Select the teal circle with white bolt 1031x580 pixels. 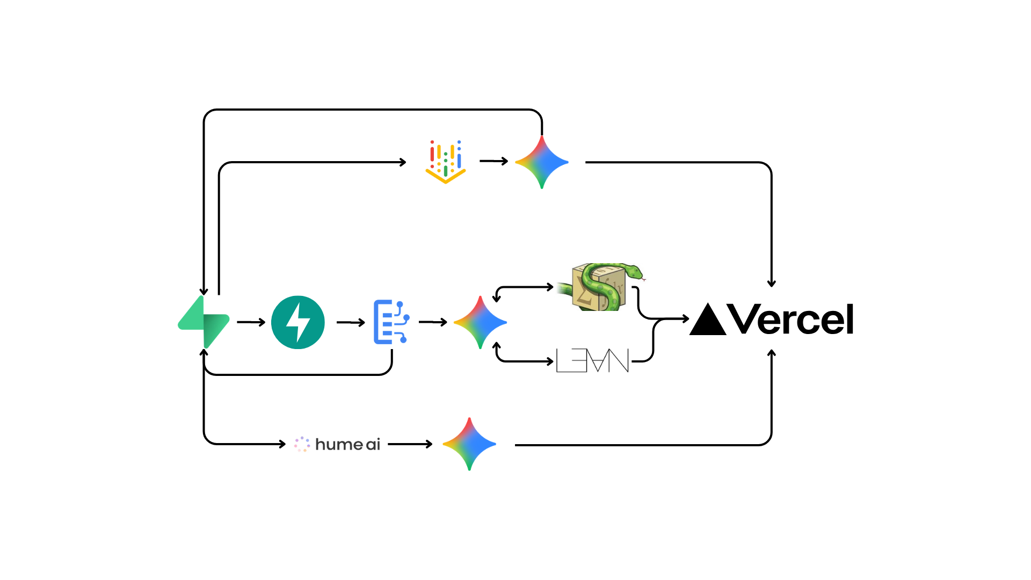point(298,322)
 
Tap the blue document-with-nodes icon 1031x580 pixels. point(390,322)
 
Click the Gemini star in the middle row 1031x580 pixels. point(480,322)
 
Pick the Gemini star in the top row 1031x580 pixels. point(542,162)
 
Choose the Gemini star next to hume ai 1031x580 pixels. point(469,444)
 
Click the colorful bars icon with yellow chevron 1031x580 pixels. point(445,162)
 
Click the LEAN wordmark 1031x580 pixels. point(592,360)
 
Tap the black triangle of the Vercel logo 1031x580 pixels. point(708,321)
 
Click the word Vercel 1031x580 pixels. point(790,320)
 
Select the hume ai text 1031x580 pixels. point(347,445)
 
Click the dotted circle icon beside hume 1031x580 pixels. point(302,444)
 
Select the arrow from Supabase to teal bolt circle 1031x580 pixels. point(251,322)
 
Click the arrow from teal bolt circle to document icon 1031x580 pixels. point(351,322)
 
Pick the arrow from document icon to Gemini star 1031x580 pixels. point(433,322)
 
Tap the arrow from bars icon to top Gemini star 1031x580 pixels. point(493,161)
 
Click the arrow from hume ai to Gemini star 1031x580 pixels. point(410,444)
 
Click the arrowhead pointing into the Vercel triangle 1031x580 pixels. point(685,319)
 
